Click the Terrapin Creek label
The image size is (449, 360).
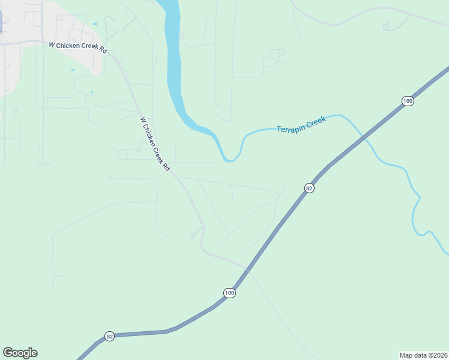click(x=301, y=125)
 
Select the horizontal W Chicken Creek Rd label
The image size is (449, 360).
click(x=77, y=47)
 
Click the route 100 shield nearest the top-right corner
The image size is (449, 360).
click(x=408, y=101)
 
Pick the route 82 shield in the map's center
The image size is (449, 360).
click(x=309, y=188)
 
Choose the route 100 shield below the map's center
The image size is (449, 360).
click(x=229, y=293)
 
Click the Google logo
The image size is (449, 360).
click(x=20, y=353)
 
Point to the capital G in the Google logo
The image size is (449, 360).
click(x=8, y=353)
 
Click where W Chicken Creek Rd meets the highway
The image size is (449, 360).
click(x=247, y=269)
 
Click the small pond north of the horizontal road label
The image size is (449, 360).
click(x=95, y=24)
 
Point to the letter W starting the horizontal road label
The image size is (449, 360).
click(x=52, y=44)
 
